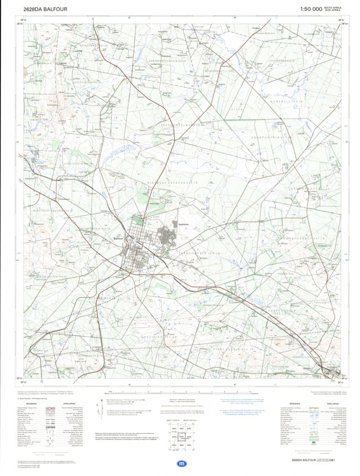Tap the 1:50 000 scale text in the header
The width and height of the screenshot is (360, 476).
click(x=311, y=9)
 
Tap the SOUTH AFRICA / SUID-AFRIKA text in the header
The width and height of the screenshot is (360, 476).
click(x=333, y=9)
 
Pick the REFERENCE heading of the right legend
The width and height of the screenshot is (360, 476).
click(x=295, y=404)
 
